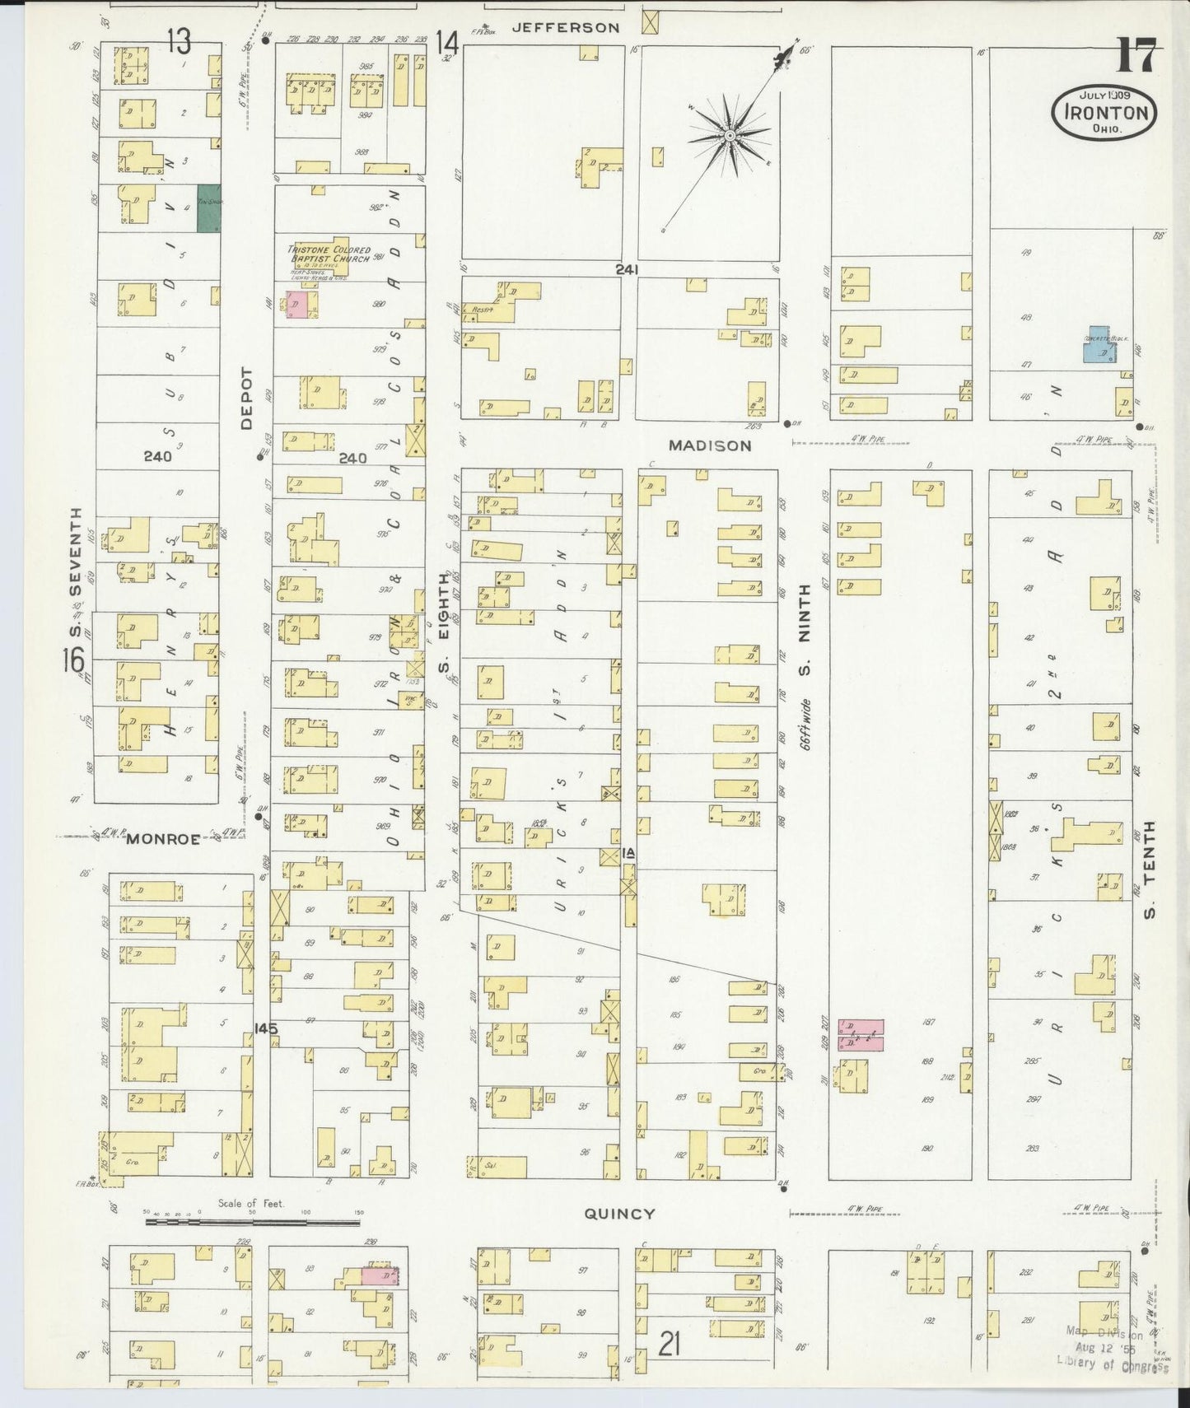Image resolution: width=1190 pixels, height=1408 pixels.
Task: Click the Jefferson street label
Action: coord(565,27)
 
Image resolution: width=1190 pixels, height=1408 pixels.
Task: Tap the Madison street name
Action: coord(709,445)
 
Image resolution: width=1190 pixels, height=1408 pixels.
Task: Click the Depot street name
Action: coord(245,399)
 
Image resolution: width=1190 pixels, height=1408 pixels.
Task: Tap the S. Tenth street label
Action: coord(1150,869)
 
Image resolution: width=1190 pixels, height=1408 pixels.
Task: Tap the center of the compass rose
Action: coord(730,134)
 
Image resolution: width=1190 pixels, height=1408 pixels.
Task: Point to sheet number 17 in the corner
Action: coord(1138,57)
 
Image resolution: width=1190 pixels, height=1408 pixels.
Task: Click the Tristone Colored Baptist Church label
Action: coord(329,254)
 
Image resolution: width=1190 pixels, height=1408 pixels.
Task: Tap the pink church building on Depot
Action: coord(296,304)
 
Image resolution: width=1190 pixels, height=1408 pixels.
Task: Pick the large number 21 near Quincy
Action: coord(670,1345)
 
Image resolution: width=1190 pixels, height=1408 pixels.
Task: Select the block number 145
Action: coord(266,1028)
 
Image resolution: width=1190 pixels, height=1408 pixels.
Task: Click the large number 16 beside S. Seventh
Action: coord(75,659)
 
